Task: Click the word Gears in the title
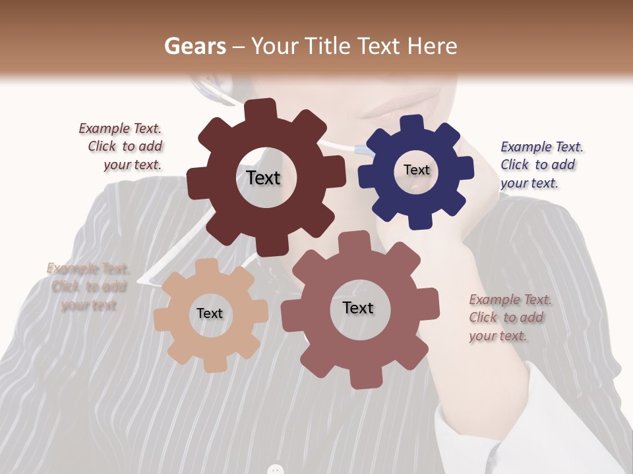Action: [x=193, y=46]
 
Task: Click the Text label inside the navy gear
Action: [x=416, y=170]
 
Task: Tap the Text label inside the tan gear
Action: [x=210, y=313]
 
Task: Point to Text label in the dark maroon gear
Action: [x=263, y=178]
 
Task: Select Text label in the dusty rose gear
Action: [x=358, y=307]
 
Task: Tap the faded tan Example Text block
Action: [x=88, y=286]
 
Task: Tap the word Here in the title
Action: [x=433, y=46]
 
